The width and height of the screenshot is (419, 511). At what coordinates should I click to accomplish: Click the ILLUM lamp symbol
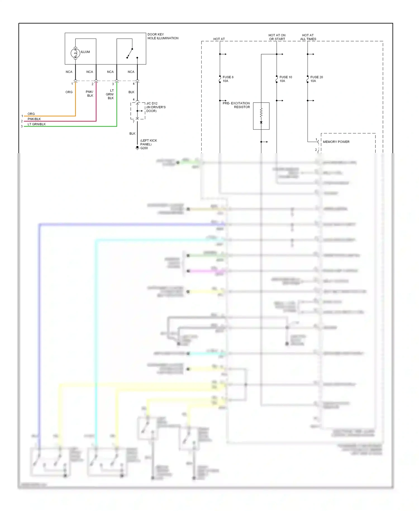pyautogui.click(x=75, y=53)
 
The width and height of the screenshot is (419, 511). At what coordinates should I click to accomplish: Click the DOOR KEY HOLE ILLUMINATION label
pyautogui.click(x=163, y=36)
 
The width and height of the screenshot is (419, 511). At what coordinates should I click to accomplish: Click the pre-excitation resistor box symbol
pyautogui.click(x=261, y=116)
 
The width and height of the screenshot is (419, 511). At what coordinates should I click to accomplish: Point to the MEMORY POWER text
pyautogui.click(x=336, y=142)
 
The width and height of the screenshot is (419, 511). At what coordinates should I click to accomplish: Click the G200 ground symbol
pyautogui.click(x=137, y=148)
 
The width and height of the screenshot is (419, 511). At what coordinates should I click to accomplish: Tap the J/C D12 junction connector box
pyautogui.click(x=137, y=111)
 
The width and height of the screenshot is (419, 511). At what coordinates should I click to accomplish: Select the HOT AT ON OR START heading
pyautogui.click(x=277, y=37)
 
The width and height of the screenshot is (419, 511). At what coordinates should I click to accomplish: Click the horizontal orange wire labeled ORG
pyautogui.click(x=50, y=116)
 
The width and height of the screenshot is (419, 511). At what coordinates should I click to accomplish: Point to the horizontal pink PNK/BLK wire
pyautogui.click(x=61, y=121)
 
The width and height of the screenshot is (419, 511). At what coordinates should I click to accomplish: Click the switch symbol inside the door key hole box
pyautogui.click(x=130, y=53)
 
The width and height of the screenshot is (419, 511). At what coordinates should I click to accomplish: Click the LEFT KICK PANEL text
pyautogui.click(x=148, y=142)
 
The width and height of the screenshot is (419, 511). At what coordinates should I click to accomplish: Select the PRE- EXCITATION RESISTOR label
pyautogui.click(x=236, y=105)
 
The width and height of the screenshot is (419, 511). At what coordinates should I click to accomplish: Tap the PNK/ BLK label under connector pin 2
pyautogui.click(x=90, y=94)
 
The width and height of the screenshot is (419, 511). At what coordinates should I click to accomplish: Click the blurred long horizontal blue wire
pyautogui.click(x=126, y=224)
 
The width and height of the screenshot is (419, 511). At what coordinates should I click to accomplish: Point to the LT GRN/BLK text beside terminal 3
pyautogui.click(x=37, y=124)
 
